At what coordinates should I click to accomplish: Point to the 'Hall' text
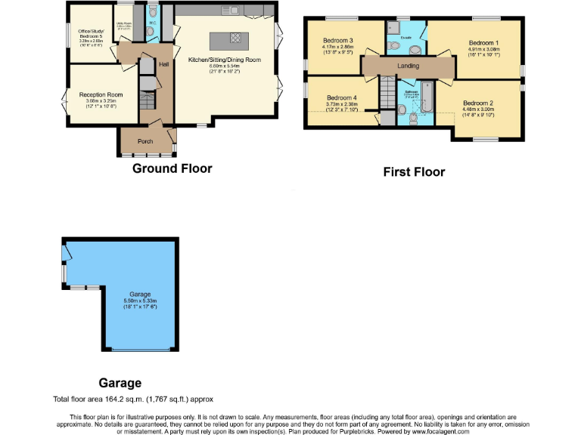click(x=163, y=64)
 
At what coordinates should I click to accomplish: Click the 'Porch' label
click(x=144, y=141)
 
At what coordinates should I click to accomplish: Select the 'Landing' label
click(x=408, y=66)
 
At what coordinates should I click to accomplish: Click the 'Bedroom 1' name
click(x=482, y=43)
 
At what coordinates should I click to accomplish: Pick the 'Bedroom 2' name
click(x=478, y=103)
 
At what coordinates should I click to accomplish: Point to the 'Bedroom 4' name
click(x=342, y=97)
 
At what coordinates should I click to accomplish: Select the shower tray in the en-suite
click(x=394, y=28)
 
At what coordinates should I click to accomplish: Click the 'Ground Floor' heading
click(x=172, y=168)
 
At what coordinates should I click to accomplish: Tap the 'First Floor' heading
click(x=414, y=172)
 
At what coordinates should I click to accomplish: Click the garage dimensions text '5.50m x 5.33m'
click(x=140, y=301)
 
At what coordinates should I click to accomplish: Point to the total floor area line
click(x=138, y=399)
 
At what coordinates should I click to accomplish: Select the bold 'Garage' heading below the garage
click(x=120, y=383)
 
